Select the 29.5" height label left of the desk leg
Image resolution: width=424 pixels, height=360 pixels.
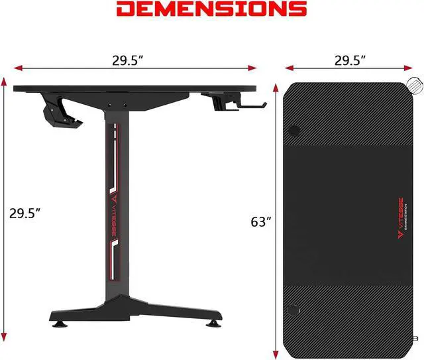[25, 213]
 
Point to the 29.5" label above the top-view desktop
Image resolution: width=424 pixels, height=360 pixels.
[350, 60]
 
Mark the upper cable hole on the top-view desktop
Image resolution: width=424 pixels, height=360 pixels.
[294, 129]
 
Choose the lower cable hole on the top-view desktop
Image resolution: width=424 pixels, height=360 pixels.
[293, 308]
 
